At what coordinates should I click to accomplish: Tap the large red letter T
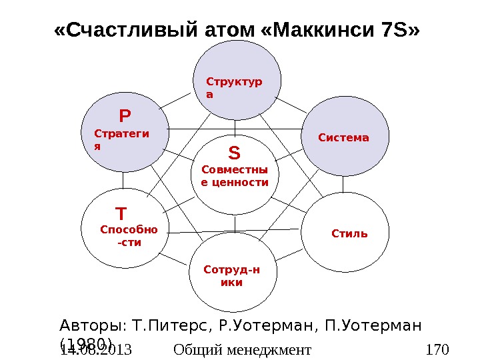121,214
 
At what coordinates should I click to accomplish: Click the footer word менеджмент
269,349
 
